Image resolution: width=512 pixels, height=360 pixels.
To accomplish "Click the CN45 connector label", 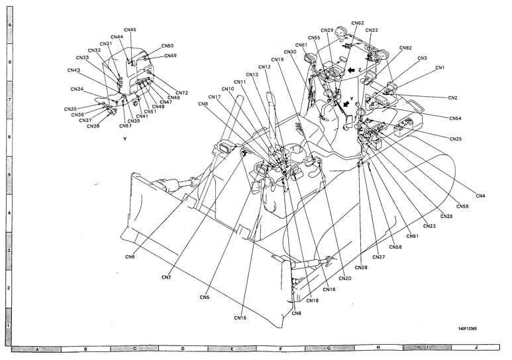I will (x=130, y=30).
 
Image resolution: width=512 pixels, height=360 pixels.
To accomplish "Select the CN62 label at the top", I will (x=357, y=23).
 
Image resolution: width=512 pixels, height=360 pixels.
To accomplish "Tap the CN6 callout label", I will (x=130, y=256).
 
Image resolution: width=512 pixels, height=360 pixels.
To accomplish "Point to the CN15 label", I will (x=240, y=318).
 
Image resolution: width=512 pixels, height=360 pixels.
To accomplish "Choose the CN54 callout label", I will (x=455, y=118).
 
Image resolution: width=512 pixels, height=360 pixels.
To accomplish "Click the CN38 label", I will (x=93, y=126).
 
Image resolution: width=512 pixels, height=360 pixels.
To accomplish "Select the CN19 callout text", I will (x=278, y=60).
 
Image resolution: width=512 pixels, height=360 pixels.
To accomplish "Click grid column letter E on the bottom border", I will (x=232, y=347).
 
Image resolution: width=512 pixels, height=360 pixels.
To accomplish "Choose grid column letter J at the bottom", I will (x=476, y=347).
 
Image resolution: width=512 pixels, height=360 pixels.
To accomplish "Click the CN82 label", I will (x=405, y=48).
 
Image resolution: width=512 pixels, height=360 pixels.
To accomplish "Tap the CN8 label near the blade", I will (x=296, y=313).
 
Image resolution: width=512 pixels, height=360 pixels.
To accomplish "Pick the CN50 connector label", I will (x=168, y=46).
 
